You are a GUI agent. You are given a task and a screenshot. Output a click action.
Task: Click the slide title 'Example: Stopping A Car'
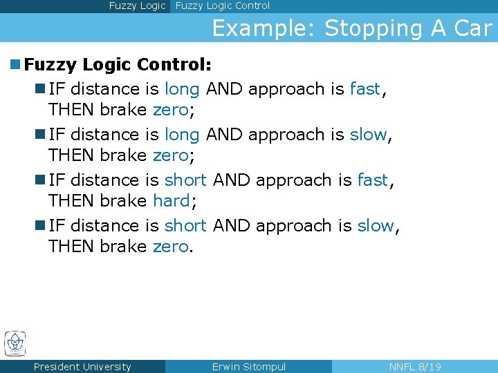click(x=351, y=28)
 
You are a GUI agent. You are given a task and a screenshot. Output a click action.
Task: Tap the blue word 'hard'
click(x=171, y=201)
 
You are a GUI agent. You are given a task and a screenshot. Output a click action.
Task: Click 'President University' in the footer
click(x=82, y=367)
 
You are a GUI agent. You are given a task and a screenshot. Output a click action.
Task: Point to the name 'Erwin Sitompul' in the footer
click(x=248, y=367)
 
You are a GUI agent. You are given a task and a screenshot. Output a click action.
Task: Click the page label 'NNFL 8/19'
click(x=415, y=367)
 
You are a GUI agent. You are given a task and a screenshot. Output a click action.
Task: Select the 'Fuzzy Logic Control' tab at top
click(x=223, y=6)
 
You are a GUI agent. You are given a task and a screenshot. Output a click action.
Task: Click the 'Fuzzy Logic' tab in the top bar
click(x=137, y=6)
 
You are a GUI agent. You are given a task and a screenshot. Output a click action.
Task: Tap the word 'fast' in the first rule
click(x=365, y=89)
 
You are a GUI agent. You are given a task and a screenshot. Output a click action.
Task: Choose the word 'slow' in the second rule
click(x=368, y=135)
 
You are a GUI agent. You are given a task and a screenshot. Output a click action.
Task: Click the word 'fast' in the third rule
click(x=373, y=180)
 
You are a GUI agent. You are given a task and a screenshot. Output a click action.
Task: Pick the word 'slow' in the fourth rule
click(x=376, y=226)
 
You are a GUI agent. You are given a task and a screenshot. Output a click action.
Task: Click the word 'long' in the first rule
click(x=182, y=89)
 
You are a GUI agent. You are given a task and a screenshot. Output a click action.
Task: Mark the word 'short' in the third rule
click(x=185, y=180)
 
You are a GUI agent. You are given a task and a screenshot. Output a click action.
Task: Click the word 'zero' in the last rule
click(x=170, y=247)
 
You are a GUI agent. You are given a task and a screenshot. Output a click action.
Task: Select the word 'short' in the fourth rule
click(x=185, y=226)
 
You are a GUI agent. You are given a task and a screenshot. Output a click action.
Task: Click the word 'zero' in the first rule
click(x=170, y=110)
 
